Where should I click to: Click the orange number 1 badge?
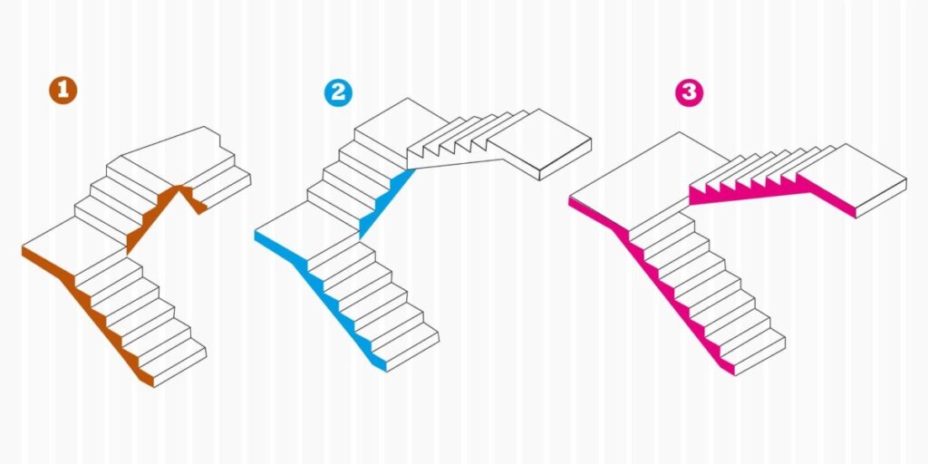(63, 91)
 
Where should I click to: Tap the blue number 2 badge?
(338, 92)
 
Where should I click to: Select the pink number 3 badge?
(690, 92)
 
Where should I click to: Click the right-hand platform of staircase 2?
(538, 143)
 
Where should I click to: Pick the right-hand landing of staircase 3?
(852, 179)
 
